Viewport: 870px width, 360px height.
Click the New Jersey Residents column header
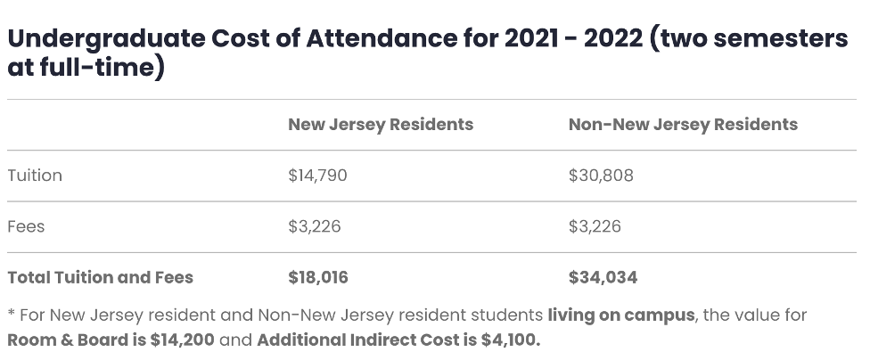tap(380, 124)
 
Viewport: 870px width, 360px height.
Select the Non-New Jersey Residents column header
tap(683, 124)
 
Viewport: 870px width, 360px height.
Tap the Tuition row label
tap(35, 176)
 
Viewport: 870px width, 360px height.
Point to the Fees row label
tap(26, 226)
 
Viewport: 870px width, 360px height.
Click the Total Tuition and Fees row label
tap(100, 277)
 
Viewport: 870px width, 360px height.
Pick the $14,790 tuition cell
tap(317, 176)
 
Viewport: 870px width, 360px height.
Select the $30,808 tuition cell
tap(601, 176)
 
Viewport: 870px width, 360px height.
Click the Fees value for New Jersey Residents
tap(314, 226)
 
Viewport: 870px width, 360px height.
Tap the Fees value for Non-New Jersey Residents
tap(595, 226)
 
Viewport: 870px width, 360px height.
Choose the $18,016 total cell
tap(318, 277)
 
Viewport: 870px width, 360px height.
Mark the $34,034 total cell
tap(603, 277)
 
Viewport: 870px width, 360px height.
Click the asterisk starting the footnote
tap(11, 315)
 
